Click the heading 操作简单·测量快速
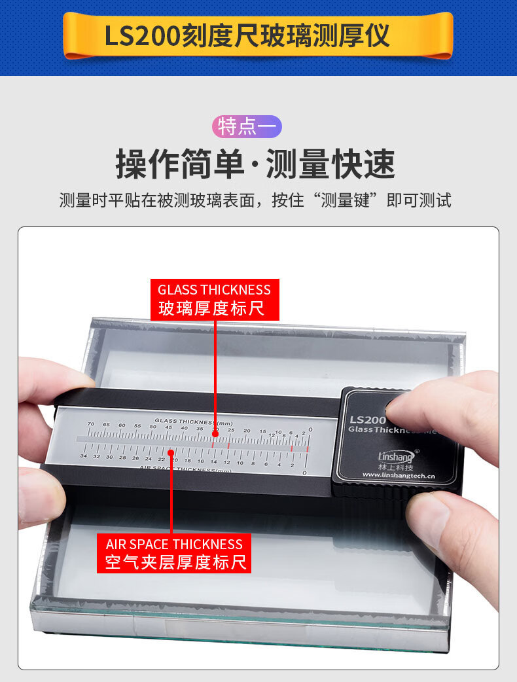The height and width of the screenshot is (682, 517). pos(255,164)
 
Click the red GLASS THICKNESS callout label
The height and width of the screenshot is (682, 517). pos(214,299)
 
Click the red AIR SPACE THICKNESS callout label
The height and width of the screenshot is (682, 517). pos(174,553)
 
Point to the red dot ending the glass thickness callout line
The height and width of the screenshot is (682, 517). pos(214,434)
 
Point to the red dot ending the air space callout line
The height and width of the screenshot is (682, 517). pos(171,452)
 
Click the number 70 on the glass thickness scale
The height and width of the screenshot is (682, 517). pos(90,425)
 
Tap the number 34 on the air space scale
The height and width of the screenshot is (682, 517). pos(83,456)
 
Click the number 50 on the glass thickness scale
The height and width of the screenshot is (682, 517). pos(152,427)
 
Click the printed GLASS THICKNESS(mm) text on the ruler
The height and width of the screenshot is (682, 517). pos(194,421)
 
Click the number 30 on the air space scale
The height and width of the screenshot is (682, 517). pos(109,457)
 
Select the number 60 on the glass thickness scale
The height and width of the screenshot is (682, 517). pos(122,425)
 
